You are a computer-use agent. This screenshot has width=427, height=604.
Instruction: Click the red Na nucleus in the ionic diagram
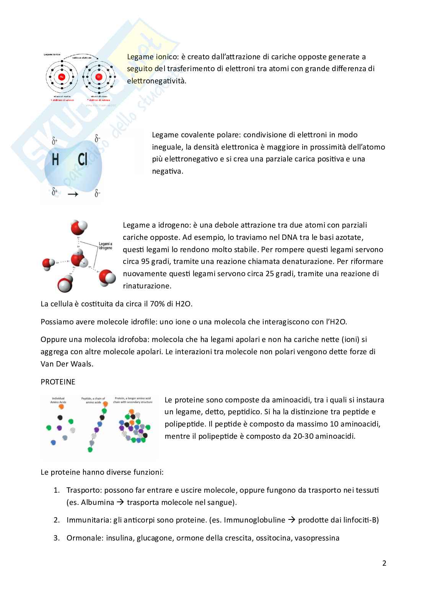tap(62, 77)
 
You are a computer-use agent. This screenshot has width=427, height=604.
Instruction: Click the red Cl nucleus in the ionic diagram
tap(99, 77)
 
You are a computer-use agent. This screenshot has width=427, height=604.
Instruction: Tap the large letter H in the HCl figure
tap(55, 160)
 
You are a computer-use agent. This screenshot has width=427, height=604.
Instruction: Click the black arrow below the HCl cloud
tap(73, 194)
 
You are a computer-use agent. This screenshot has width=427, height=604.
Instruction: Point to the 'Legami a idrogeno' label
tap(105, 246)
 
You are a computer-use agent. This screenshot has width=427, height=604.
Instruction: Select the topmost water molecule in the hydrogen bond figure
tap(79, 228)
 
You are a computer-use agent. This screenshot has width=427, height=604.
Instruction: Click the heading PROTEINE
tap(58, 382)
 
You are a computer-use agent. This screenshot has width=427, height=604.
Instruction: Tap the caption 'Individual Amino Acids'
tap(58, 400)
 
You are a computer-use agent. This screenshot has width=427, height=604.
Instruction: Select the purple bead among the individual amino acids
tap(59, 428)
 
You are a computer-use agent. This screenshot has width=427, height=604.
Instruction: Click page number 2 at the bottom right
tap(384, 563)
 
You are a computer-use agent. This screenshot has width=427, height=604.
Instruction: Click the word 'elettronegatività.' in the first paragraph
tap(156, 81)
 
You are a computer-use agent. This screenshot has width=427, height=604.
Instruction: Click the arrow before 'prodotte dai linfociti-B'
tap(292, 520)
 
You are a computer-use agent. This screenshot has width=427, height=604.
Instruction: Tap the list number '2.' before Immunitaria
tap(57, 520)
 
